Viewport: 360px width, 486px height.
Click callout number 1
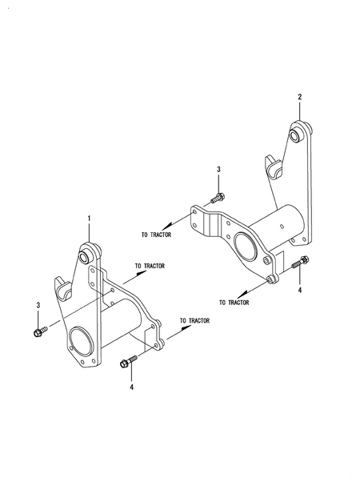click(90, 219)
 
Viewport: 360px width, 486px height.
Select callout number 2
click(299, 97)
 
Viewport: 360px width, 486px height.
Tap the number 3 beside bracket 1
click(38, 305)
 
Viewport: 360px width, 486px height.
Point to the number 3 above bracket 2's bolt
click(218, 170)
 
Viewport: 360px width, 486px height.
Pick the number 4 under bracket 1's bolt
click(132, 388)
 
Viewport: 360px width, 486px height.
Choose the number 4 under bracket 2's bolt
click(299, 290)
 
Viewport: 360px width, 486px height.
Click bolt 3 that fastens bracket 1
click(40, 331)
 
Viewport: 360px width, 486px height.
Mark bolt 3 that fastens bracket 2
click(218, 198)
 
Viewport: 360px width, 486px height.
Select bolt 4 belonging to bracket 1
click(128, 361)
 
